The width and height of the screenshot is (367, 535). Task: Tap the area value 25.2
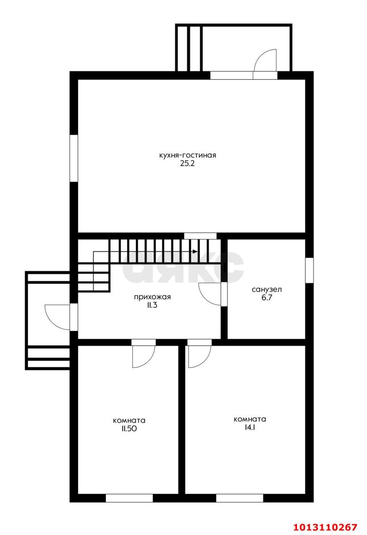click(187, 163)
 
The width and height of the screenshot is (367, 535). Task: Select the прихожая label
click(152, 297)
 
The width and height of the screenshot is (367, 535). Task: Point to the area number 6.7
click(267, 298)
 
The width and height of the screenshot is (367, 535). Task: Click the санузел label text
click(267, 290)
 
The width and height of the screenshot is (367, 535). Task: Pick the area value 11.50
click(129, 429)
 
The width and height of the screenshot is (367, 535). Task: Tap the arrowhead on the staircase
click(195, 252)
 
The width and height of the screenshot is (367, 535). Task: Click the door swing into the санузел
click(209, 294)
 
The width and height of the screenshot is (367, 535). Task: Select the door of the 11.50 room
click(144, 357)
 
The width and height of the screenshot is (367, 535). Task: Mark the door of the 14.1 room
click(200, 357)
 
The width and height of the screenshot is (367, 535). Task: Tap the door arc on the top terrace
click(265, 60)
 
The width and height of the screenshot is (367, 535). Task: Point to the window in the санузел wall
click(309, 270)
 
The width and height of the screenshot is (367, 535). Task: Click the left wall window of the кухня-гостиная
click(74, 158)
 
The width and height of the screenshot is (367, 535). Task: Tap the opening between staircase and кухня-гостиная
click(200, 236)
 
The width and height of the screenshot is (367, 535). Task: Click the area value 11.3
click(152, 306)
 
